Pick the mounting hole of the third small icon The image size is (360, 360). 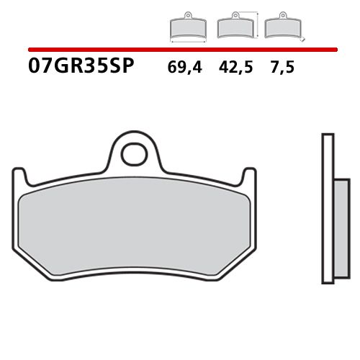(279, 17)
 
